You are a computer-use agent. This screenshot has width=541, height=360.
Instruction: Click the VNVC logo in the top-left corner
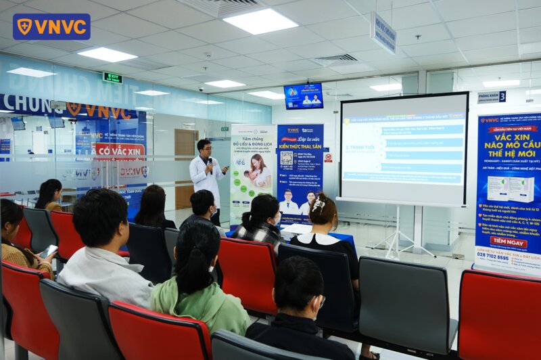[51, 26]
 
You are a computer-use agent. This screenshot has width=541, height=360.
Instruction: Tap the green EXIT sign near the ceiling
[112, 77]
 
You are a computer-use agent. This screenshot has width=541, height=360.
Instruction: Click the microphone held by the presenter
[210, 162]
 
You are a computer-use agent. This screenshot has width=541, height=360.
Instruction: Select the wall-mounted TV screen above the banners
[303, 96]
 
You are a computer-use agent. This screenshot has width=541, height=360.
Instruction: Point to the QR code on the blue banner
[287, 158]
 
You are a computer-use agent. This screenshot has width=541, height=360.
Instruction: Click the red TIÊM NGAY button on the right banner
[507, 242]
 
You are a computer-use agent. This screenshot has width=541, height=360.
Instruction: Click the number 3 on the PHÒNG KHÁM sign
[502, 97]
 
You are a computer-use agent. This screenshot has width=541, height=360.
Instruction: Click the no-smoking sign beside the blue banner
[328, 157]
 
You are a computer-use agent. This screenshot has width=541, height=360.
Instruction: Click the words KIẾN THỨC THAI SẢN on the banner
[300, 145]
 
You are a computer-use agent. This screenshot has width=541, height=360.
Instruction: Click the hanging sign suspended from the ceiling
[383, 32]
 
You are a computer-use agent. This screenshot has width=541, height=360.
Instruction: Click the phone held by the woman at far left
[50, 251]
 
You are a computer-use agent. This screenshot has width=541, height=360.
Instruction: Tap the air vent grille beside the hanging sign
[335, 60]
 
